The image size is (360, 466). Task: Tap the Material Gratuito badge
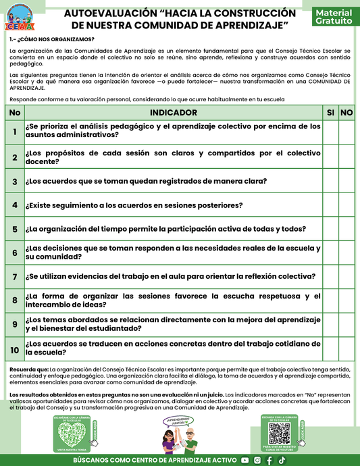click(333, 17)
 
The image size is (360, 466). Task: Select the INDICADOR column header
click(174, 112)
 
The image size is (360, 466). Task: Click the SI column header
click(330, 112)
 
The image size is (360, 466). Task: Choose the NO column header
click(346, 112)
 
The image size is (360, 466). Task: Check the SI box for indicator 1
click(330, 131)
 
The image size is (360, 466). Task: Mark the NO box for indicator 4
click(346, 205)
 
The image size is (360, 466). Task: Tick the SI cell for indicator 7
click(330, 276)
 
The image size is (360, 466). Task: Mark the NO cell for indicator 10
click(346, 348)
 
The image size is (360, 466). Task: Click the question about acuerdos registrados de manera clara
click(145, 181)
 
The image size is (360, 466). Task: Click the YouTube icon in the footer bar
click(245, 460)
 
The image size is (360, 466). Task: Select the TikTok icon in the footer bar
click(282, 460)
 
